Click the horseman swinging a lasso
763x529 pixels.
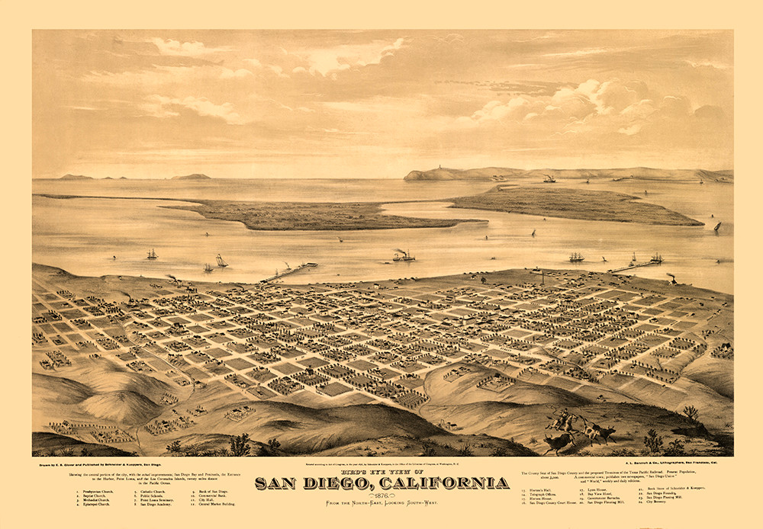coord(562,418)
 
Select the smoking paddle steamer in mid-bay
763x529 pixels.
coord(403,255)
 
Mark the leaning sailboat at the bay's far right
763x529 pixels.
coord(716,226)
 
